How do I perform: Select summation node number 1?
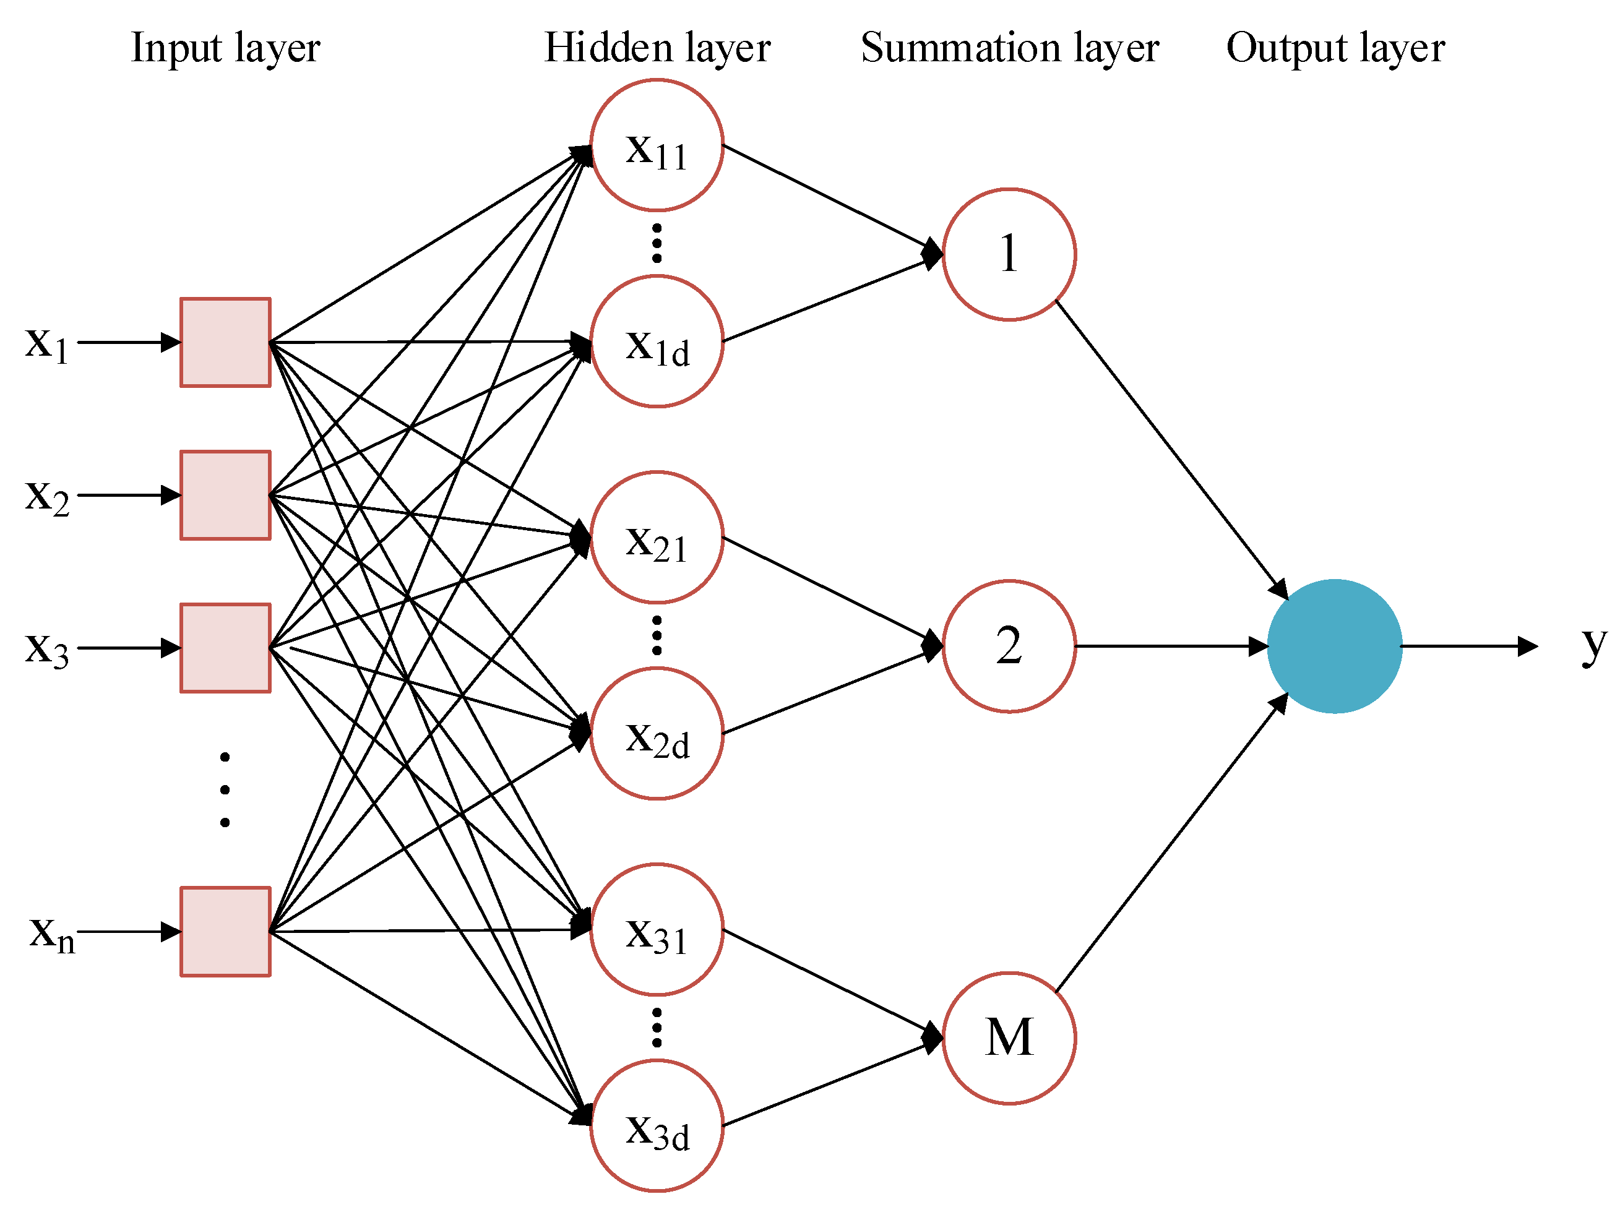coord(1009,254)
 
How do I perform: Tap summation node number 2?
coord(1009,646)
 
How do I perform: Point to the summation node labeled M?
coord(1009,1037)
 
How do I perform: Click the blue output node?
coord(1333,646)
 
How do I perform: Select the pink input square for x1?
coord(225,342)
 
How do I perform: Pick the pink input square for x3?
coord(225,647)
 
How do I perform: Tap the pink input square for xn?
coord(225,932)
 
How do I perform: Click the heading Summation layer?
coord(1009,48)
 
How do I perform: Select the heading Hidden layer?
coord(657,48)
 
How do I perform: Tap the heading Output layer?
coord(1335,48)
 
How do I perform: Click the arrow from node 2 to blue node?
coord(1169,646)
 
